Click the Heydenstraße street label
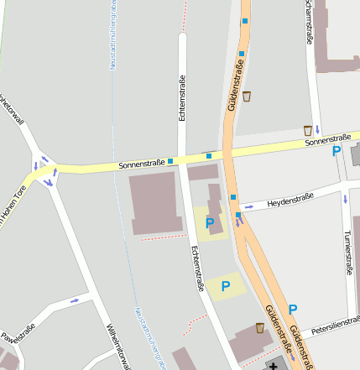(x=290, y=200)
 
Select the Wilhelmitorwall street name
(x=117, y=345)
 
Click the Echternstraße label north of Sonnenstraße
(x=182, y=98)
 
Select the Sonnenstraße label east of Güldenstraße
(x=328, y=139)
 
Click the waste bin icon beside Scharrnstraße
(x=308, y=130)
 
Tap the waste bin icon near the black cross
(x=259, y=328)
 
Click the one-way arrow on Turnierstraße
(x=344, y=199)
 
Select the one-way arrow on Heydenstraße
(x=249, y=206)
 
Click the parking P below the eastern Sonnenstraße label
(x=337, y=152)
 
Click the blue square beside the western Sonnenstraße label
(x=170, y=160)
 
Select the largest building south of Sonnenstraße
(x=155, y=204)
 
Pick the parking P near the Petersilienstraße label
(x=292, y=310)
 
